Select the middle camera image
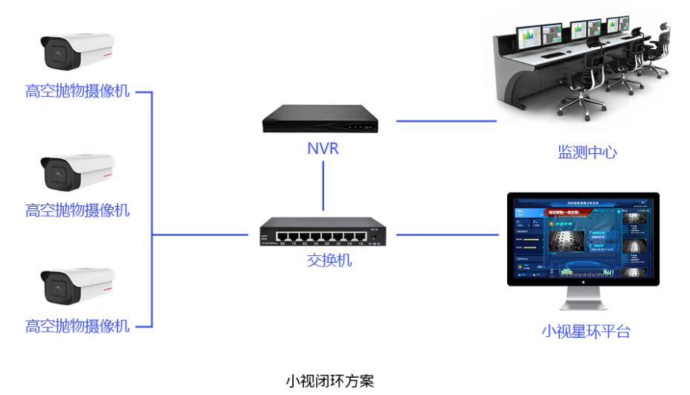[77, 171]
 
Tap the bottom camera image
[77, 286]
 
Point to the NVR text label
[323, 149]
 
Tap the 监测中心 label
[587, 152]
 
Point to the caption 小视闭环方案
[329, 382]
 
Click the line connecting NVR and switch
[323, 186]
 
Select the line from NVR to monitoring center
[445, 120]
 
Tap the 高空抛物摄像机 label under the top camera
[77, 91]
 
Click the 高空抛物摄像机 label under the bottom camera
[77, 326]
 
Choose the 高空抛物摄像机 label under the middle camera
[77, 211]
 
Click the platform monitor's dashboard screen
[583, 238]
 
